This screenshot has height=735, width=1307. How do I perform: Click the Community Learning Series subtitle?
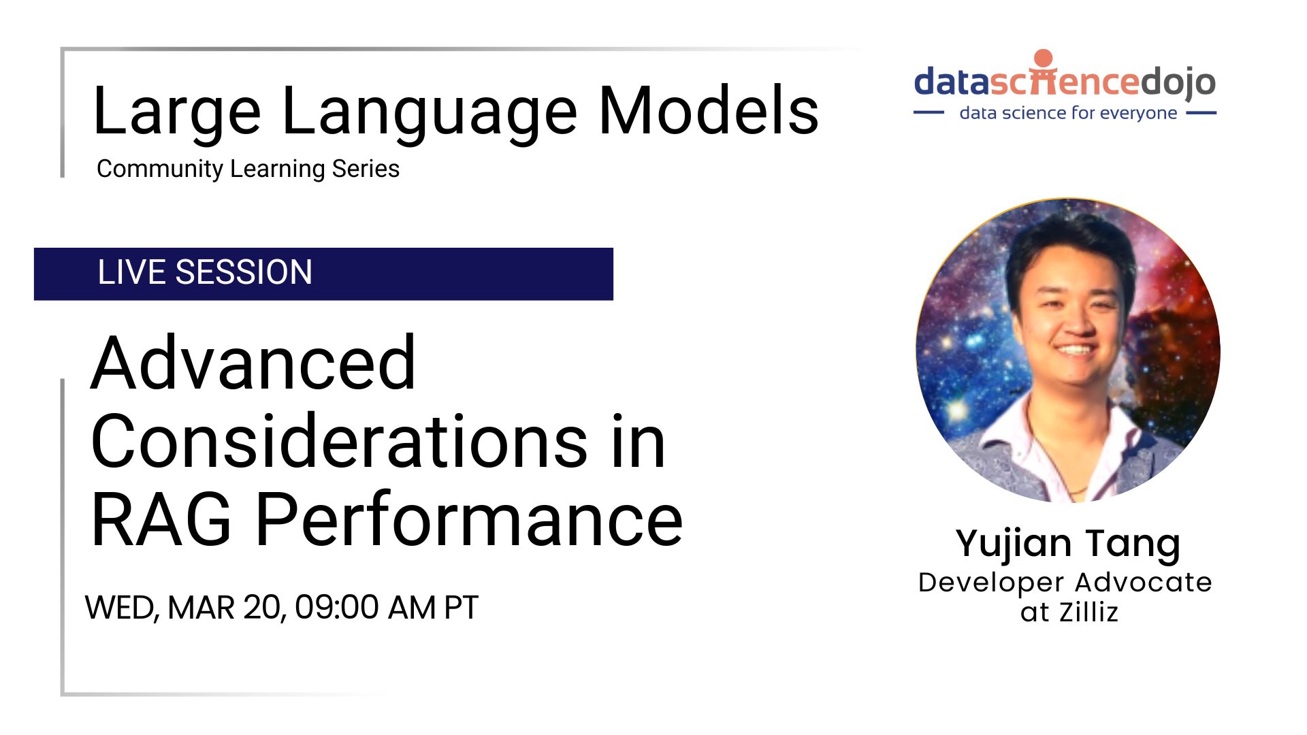pyautogui.click(x=248, y=169)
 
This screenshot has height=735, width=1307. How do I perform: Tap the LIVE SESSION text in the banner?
pyautogui.click(x=205, y=272)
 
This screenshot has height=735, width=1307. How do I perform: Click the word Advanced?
pyautogui.click(x=253, y=364)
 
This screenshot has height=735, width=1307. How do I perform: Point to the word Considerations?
pyautogui.click(x=339, y=442)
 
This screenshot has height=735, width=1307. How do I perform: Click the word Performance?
pyautogui.click(x=469, y=521)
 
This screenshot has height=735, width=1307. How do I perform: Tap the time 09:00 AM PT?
pyautogui.click(x=386, y=607)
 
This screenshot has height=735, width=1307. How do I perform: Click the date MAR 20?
pyautogui.click(x=225, y=607)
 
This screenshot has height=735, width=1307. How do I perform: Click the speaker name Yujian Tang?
pyautogui.click(x=1067, y=543)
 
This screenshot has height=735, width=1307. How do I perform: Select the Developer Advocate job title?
pyautogui.click(x=1065, y=583)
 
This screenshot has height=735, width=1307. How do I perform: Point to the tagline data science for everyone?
pyautogui.click(x=1067, y=113)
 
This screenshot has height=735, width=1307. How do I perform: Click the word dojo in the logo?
pyautogui.click(x=1178, y=82)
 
